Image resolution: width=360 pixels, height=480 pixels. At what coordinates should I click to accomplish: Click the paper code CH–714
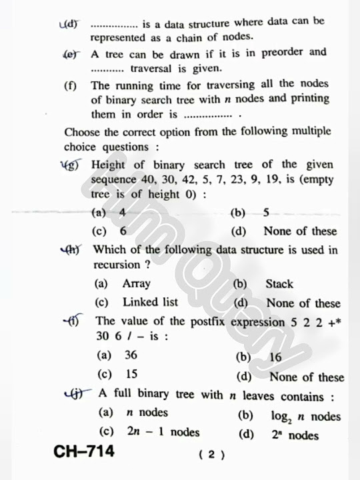pyautogui.click(x=84, y=452)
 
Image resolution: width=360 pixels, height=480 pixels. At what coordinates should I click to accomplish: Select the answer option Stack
pyautogui.click(x=279, y=284)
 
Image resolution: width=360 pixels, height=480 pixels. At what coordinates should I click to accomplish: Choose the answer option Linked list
pyautogui.click(x=150, y=302)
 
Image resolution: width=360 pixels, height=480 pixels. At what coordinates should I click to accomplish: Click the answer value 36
pyautogui.click(x=131, y=355)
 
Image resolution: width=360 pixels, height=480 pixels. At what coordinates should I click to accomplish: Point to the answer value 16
pyautogui.click(x=275, y=357)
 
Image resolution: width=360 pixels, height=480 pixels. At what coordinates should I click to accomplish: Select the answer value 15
pyautogui.click(x=131, y=374)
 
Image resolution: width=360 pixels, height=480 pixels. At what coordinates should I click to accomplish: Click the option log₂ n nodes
pyautogui.click(x=305, y=417)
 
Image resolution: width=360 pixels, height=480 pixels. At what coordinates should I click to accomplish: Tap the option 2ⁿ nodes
pyautogui.click(x=294, y=436)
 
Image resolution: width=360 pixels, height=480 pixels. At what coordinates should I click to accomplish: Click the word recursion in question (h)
pyautogui.click(x=117, y=265)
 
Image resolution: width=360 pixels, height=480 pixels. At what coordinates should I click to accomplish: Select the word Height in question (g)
pyautogui.click(x=107, y=165)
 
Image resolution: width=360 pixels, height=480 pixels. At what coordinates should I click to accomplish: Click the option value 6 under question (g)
pyautogui.click(x=123, y=231)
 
